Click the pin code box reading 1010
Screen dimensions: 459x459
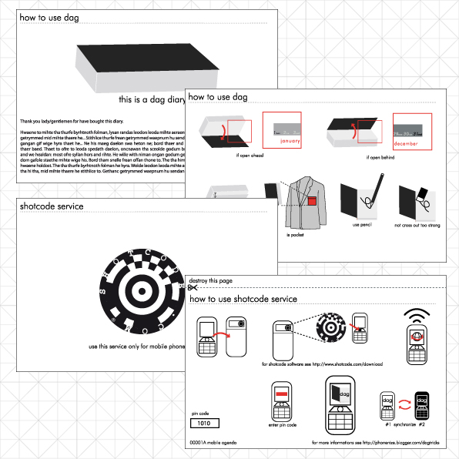205,423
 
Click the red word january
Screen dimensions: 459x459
289,142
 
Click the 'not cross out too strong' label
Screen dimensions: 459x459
416,225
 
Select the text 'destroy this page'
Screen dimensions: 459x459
216,281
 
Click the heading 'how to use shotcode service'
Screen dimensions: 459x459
243,299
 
